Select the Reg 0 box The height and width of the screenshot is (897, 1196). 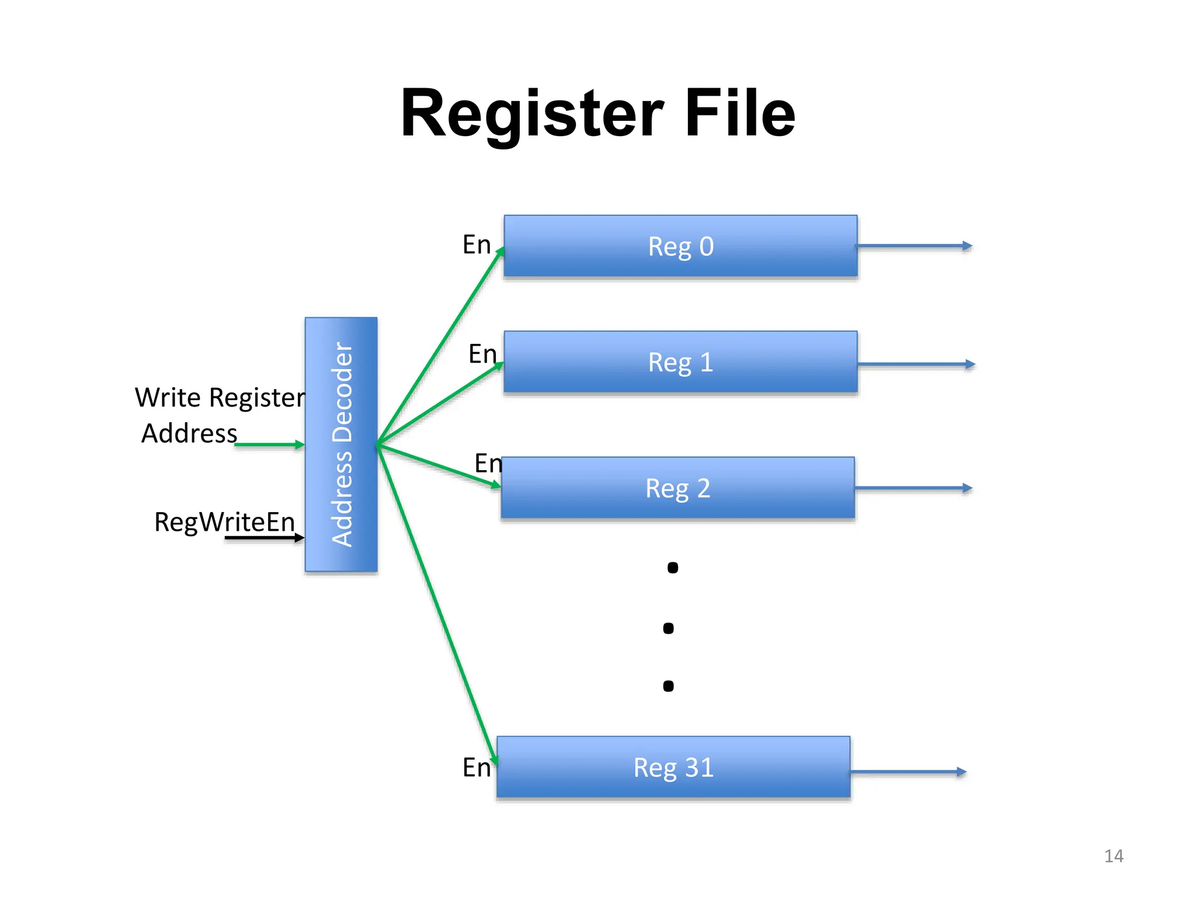(x=680, y=246)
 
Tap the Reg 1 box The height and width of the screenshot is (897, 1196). (x=680, y=362)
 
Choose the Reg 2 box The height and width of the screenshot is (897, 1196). (x=677, y=488)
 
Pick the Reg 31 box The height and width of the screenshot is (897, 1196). (x=673, y=767)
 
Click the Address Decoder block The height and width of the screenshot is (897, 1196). (x=341, y=444)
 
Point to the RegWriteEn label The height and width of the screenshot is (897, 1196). (x=224, y=521)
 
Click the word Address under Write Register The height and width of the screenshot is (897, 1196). (x=189, y=433)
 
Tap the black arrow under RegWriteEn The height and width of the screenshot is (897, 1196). (x=263, y=538)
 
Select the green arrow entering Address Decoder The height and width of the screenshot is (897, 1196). (x=269, y=445)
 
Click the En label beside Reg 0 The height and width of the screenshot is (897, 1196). (x=476, y=245)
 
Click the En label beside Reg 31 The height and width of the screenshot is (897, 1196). (x=476, y=767)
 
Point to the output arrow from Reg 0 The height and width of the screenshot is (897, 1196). (x=914, y=246)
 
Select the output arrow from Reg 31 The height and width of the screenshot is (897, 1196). (x=908, y=772)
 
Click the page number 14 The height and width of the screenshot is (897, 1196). (x=1113, y=856)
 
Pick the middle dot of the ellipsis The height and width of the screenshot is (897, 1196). (x=669, y=628)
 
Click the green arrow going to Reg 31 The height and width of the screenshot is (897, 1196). (x=438, y=607)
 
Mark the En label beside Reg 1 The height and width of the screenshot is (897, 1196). (x=482, y=354)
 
